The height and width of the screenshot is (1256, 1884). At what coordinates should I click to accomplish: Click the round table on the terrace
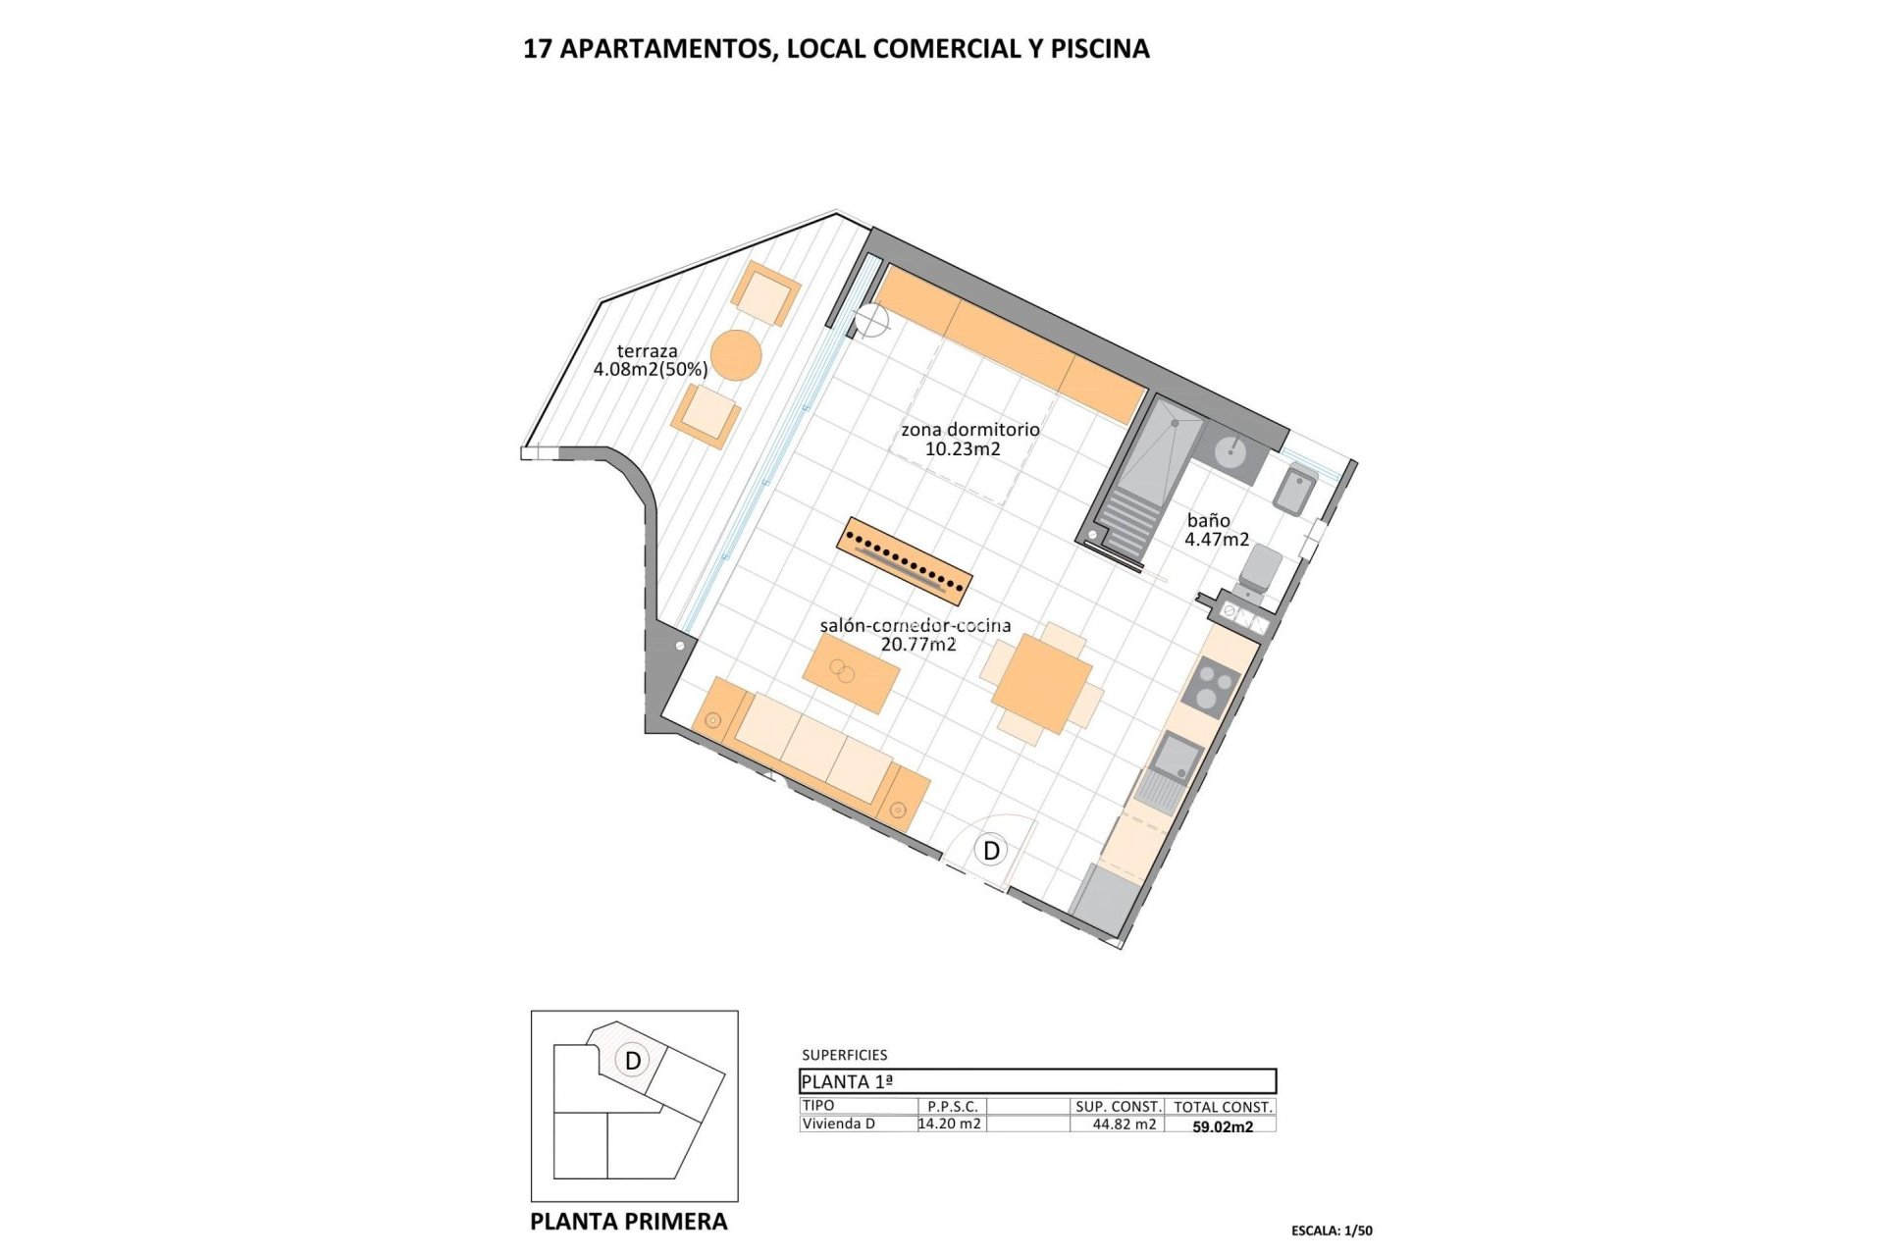point(736,354)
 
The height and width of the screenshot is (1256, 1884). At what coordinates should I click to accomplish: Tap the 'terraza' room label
point(648,351)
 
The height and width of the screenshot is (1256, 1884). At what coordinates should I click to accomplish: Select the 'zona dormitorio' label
point(969,430)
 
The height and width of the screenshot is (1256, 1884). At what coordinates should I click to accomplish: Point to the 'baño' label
point(1208,521)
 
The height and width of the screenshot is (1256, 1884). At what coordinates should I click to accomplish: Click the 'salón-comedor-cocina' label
point(915,626)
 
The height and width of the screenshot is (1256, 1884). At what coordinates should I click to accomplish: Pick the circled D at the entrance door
point(991,851)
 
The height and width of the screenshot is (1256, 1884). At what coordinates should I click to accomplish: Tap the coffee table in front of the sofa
point(851,673)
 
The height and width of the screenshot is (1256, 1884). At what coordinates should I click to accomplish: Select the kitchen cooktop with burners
point(1211,685)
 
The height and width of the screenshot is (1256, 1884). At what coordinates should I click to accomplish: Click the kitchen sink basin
point(1177,759)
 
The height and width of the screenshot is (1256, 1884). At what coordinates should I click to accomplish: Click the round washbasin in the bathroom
point(1230,452)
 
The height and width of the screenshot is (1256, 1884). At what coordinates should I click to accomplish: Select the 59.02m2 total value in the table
point(1222,1127)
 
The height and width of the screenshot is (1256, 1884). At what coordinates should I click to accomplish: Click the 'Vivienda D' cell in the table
point(838,1125)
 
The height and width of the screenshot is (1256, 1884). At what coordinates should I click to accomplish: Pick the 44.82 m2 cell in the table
point(1124,1125)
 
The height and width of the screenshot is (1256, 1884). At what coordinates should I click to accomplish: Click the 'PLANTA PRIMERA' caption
point(628,1222)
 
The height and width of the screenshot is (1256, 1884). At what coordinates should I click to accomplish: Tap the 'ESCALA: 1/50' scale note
point(1332,1230)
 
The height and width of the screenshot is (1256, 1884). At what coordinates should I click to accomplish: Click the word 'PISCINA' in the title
point(1099,49)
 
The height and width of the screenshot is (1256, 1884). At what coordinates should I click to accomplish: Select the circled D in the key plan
point(633,1061)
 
